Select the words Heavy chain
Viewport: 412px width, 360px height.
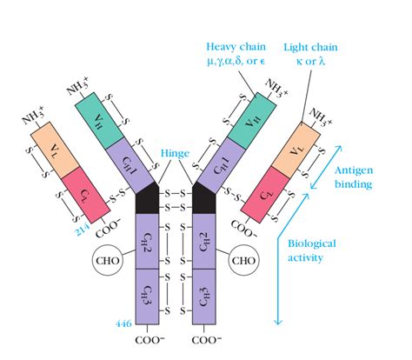(233, 46)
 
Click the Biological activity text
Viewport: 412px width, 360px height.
(312, 250)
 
